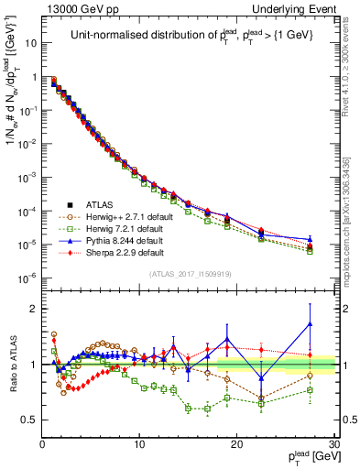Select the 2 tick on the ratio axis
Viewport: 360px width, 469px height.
pyautogui.click(x=33, y=309)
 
